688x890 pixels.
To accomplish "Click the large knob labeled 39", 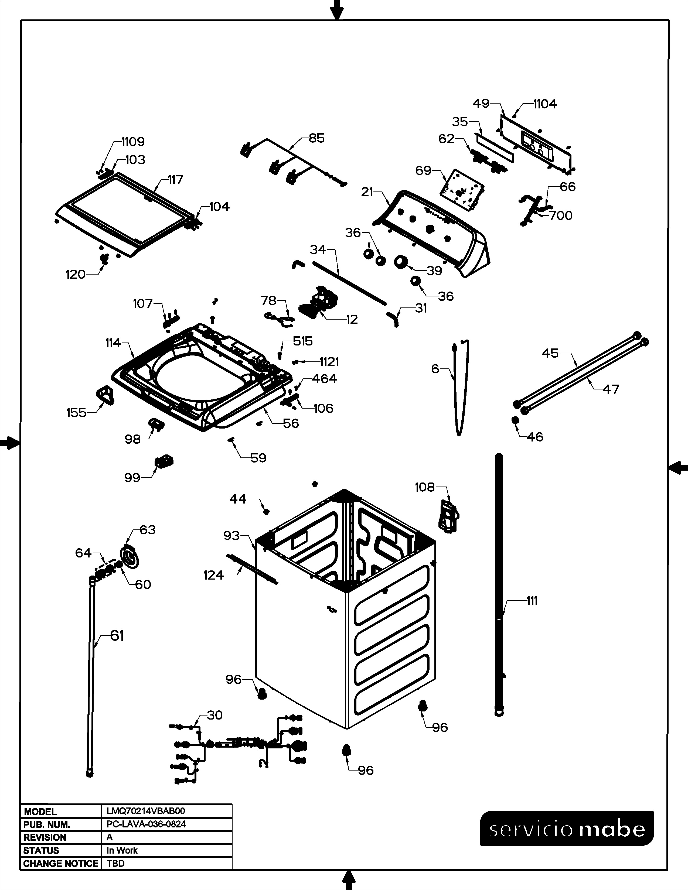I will (402, 262).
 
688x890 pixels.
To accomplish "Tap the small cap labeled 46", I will (515, 420).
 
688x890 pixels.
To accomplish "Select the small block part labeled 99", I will (164, 462).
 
